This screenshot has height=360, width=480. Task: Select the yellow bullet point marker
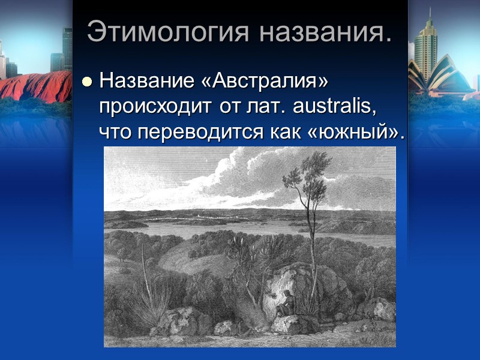pyautogui.click(x=88, y=81)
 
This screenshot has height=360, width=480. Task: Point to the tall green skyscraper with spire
pyautogui.click(x=426, y=45)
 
